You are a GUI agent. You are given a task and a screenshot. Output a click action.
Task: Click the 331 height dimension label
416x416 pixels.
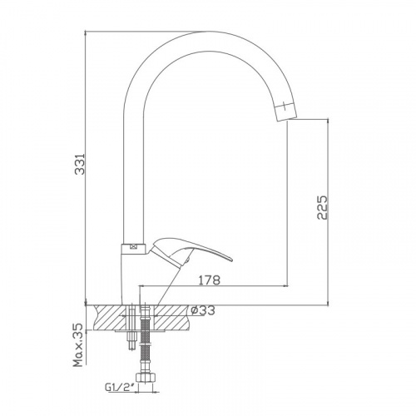(x=80, y=163)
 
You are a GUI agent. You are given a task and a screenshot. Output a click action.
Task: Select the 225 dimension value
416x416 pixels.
(x=322, y=208)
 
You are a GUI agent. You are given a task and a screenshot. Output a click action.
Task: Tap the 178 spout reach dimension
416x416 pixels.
(x=210, y=280)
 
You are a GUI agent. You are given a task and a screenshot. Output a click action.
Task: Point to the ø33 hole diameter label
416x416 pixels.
(x=203, y=310)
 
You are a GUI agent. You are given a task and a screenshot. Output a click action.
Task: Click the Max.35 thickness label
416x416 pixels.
(x=78, y=345)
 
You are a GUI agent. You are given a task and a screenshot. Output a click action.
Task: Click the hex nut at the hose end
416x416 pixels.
(x=146, y=379)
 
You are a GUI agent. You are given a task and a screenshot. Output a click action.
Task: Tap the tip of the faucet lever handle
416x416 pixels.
(x=232, y=260)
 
